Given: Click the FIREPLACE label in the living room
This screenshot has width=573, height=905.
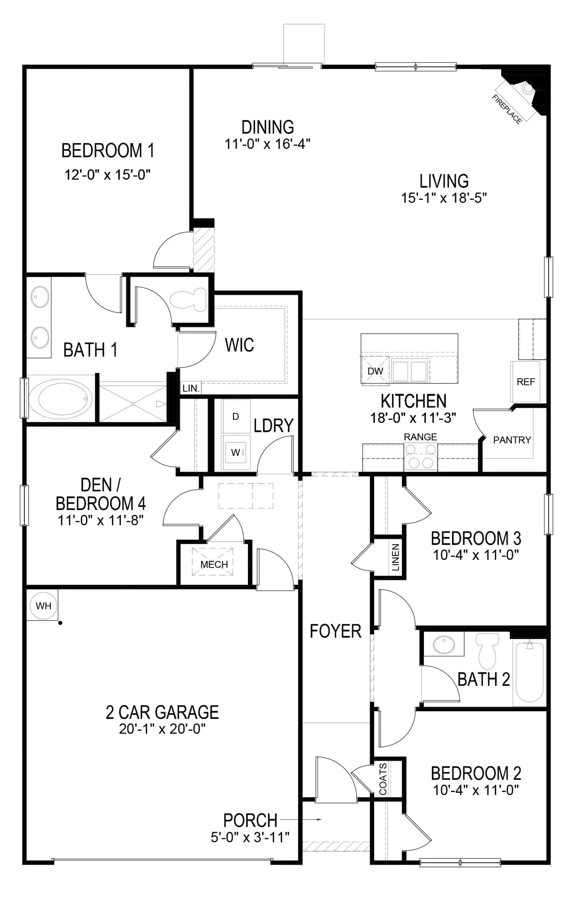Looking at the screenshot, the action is coord(507,109).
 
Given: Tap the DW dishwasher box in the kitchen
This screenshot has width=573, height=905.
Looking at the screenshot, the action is coord(375,371).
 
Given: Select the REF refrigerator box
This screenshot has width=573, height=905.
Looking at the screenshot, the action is coord(526,382).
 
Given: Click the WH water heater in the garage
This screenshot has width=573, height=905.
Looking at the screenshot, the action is coord(43,605).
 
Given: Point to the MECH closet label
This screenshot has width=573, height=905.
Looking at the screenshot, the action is coord(214,565).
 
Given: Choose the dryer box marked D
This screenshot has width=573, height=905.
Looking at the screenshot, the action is coord(236,417).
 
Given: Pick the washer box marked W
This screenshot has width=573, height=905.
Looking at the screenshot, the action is coord(236,452).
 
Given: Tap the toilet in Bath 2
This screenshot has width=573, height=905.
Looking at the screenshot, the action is coord(487,651).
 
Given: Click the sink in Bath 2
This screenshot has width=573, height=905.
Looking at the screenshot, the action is coord(444,645).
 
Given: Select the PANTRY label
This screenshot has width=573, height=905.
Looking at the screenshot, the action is coord(512,440).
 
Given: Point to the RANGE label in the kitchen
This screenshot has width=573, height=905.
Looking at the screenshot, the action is coord(420,437).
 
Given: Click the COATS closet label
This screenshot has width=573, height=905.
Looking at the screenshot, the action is coord(383,779).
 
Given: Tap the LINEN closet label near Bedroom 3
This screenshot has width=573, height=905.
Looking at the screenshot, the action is coord(395,557).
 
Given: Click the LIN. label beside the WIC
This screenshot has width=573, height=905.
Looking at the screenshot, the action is coord(191,389).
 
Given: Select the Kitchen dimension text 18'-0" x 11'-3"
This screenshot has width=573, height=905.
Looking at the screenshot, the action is coord(413,418).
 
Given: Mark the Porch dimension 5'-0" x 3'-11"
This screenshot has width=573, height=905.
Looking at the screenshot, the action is coord(250,837).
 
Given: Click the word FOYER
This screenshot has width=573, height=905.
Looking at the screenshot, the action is coord(336,631).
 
